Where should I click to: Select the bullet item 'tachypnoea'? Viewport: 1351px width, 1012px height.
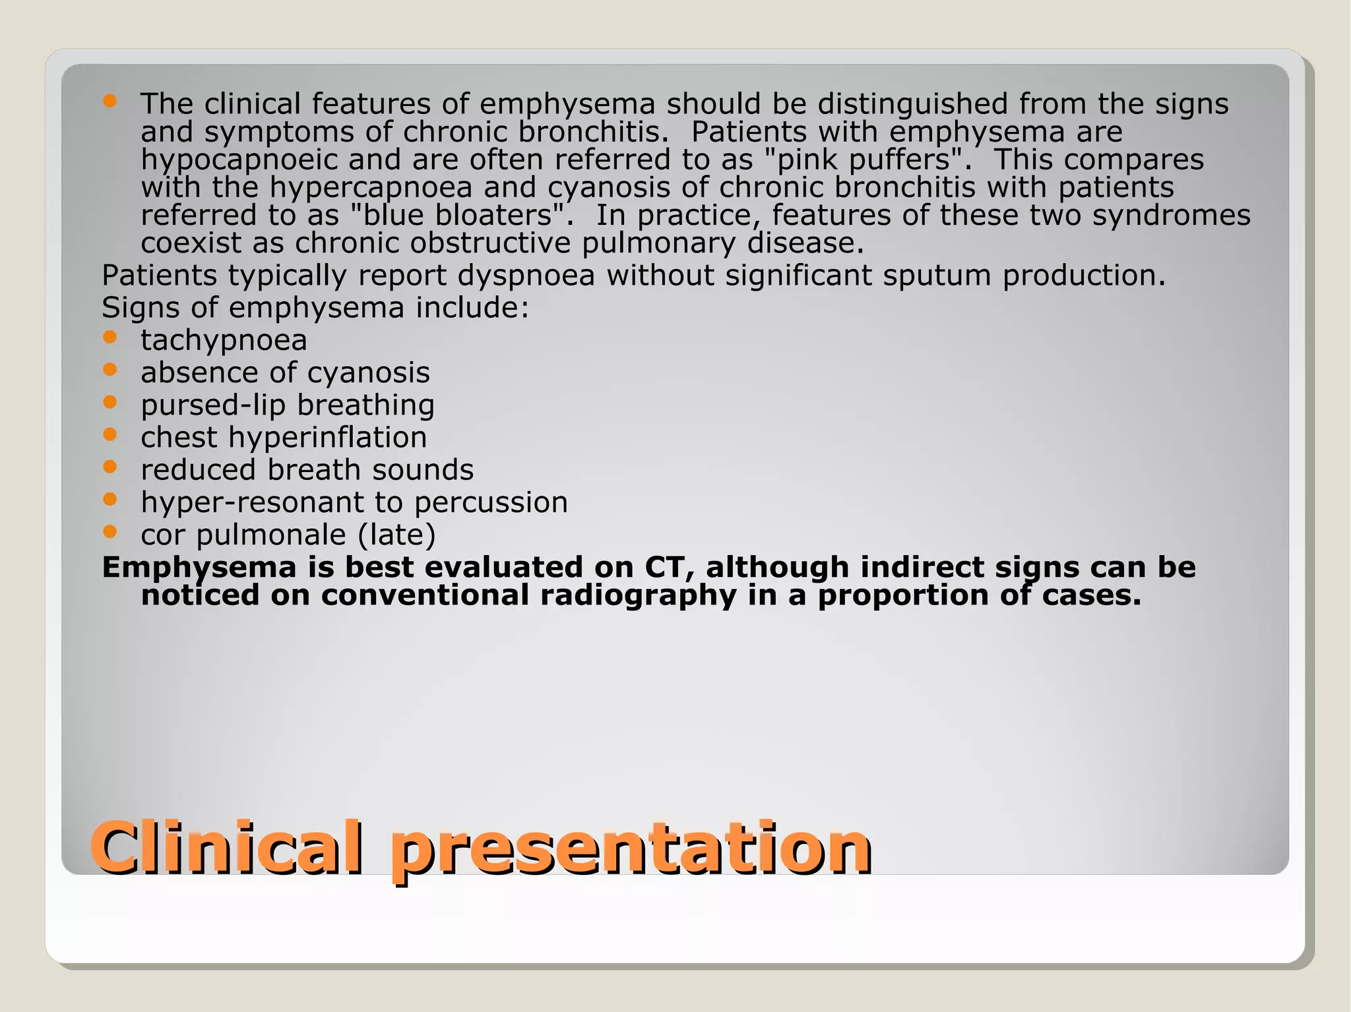[x=224, y=340]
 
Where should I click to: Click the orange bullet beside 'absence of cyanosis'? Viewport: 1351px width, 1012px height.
[x=110, y=369]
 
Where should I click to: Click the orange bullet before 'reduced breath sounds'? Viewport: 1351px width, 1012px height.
[x=110, y=466]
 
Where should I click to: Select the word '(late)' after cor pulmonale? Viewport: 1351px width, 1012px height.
[x=396, y=535]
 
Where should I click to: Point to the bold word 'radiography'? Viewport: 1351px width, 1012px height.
[x=638, y=596]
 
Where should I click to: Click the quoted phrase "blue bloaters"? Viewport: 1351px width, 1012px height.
[x=456, y=215]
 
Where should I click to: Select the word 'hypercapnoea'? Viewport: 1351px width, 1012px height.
[x=371, y=188]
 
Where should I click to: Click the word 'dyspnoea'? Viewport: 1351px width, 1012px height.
[x=526, y=276]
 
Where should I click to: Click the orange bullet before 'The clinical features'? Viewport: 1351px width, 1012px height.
[x=110, y=101]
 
